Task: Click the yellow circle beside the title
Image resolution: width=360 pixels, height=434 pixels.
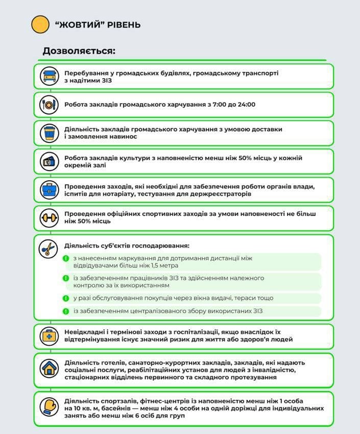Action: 40,25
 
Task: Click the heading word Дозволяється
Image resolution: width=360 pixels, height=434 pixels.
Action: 79,51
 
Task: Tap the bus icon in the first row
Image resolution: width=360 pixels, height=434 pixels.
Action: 49,77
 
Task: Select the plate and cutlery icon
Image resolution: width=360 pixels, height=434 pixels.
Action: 49,105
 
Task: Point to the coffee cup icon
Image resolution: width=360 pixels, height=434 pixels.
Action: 49,133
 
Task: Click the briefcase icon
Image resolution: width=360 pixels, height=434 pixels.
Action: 49,190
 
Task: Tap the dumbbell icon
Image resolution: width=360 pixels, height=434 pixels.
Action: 49,218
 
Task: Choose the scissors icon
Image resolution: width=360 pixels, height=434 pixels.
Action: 47,248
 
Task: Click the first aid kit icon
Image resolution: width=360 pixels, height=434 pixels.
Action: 49,336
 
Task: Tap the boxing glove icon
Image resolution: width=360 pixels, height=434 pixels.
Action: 49,407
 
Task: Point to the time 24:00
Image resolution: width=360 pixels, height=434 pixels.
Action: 245,105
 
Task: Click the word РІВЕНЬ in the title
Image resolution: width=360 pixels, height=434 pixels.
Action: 124,25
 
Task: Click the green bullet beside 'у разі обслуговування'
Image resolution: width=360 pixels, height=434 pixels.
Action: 66,298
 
